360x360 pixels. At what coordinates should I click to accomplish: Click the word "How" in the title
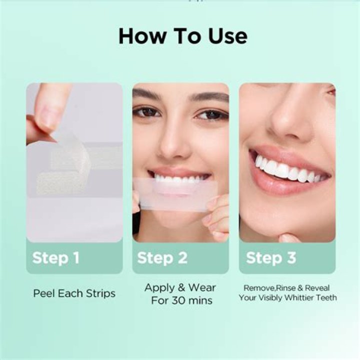(x=142, y=36)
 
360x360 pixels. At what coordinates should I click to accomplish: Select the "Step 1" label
(x=56, y=258)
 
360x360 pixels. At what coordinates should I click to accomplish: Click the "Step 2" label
(x=162, y=258)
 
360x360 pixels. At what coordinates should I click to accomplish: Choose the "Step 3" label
(x=271, y=258)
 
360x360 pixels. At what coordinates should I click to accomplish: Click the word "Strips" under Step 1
(x=100, y=293)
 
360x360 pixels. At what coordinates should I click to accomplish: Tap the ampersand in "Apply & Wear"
(x=181, y=287)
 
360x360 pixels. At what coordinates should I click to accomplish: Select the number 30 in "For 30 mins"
(x=178, y=300)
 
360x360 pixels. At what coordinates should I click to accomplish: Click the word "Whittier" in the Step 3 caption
(x=298, y=298)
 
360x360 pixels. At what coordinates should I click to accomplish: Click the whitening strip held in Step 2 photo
(x=175, y=193)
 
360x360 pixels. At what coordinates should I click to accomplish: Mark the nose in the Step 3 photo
(x=290, y=119)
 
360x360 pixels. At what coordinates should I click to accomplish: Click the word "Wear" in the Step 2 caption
(x=202, y=287)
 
